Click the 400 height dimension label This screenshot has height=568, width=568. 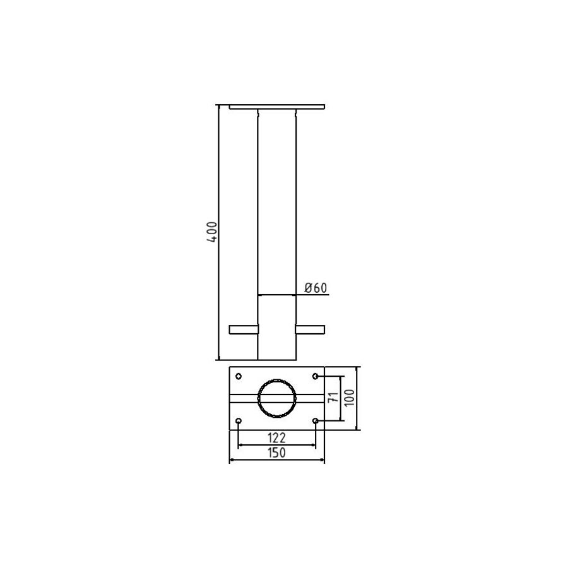click(213, 232)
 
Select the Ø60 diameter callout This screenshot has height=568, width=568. click(316, 288)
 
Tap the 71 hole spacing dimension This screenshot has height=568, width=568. click(333, 397)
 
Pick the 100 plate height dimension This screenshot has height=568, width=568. click(349, 398)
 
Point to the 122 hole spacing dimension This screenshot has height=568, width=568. click(276, 438)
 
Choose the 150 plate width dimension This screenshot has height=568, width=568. click(276, 453)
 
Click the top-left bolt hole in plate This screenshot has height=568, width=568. click(239, 376)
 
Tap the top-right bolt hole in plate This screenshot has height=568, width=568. click(316, 376)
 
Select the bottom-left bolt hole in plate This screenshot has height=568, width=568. click(239, 421)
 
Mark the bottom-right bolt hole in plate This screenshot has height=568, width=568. click(316, 421)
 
